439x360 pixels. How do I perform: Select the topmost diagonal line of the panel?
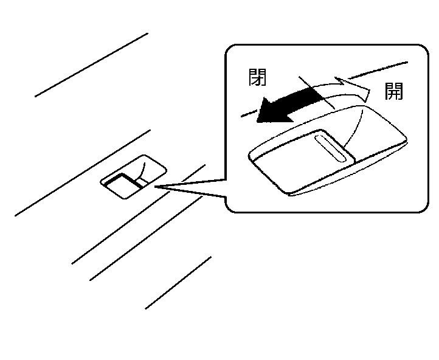click(x=91, y=64)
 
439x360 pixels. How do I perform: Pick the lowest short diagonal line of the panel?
click(x=178, y=283)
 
